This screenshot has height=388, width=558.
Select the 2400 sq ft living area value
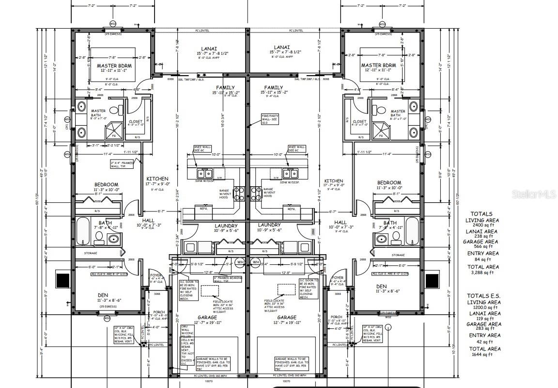[483, 226]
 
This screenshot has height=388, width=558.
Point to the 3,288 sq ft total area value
[483, 273]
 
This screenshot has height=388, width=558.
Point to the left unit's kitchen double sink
[204, 173]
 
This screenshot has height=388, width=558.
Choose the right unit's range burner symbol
[256, 191]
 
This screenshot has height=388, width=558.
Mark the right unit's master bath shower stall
[381, 130]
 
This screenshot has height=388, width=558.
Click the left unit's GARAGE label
[207, 318]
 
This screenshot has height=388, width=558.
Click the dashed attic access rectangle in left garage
[210, 290]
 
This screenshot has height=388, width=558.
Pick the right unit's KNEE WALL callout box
[297, 148]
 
